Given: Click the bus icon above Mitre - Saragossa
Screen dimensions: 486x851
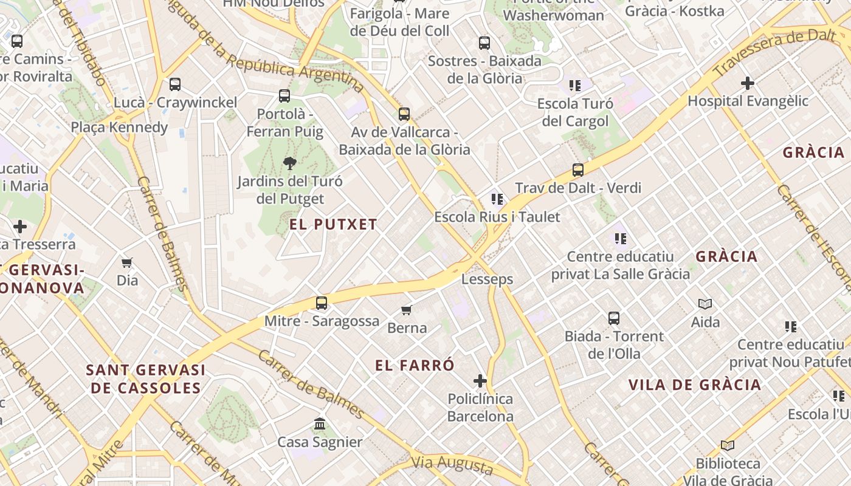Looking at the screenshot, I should coord(322,303).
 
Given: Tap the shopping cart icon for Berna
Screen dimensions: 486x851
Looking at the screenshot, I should coord(407,310).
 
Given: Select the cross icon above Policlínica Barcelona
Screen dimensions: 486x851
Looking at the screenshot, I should coord(480,381).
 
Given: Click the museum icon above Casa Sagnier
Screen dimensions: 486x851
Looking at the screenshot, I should coord(320,424).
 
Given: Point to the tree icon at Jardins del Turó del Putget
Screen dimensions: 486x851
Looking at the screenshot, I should coord(290,163).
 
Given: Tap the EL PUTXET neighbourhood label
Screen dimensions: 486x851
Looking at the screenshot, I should coord(333,224).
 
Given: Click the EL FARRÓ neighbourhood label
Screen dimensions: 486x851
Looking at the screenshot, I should coord(415,365).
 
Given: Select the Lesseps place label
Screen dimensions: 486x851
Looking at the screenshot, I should coord(487,279).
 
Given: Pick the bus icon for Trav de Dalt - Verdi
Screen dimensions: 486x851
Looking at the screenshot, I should coord(578,170).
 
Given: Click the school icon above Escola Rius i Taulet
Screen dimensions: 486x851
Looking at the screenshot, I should coord(497,199).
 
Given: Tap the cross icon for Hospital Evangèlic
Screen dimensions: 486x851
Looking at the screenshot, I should coord(748,83).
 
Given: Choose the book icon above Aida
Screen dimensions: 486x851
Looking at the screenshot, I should coord(705,304).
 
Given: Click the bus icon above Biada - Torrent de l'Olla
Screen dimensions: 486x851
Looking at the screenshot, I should coord(614,318).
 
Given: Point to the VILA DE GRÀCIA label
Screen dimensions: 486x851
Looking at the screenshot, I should coord(694,385).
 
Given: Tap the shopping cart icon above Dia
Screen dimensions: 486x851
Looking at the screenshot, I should coord(127,262).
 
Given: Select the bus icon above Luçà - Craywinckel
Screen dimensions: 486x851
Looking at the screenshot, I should coord(175,84).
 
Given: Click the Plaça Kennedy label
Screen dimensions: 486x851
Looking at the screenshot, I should coord(119,127).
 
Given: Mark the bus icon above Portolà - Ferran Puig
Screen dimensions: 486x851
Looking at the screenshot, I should coord(284,95).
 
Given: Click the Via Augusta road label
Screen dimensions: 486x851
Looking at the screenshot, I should coord(452,465).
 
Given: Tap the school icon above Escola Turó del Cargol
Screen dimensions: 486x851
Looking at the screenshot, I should coord(575,86).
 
